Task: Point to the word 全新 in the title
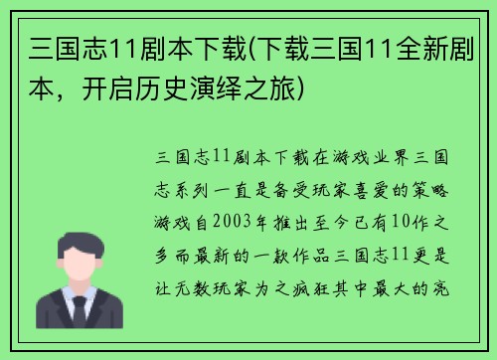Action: pos(418,48)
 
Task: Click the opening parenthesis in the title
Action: pos(257,48)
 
